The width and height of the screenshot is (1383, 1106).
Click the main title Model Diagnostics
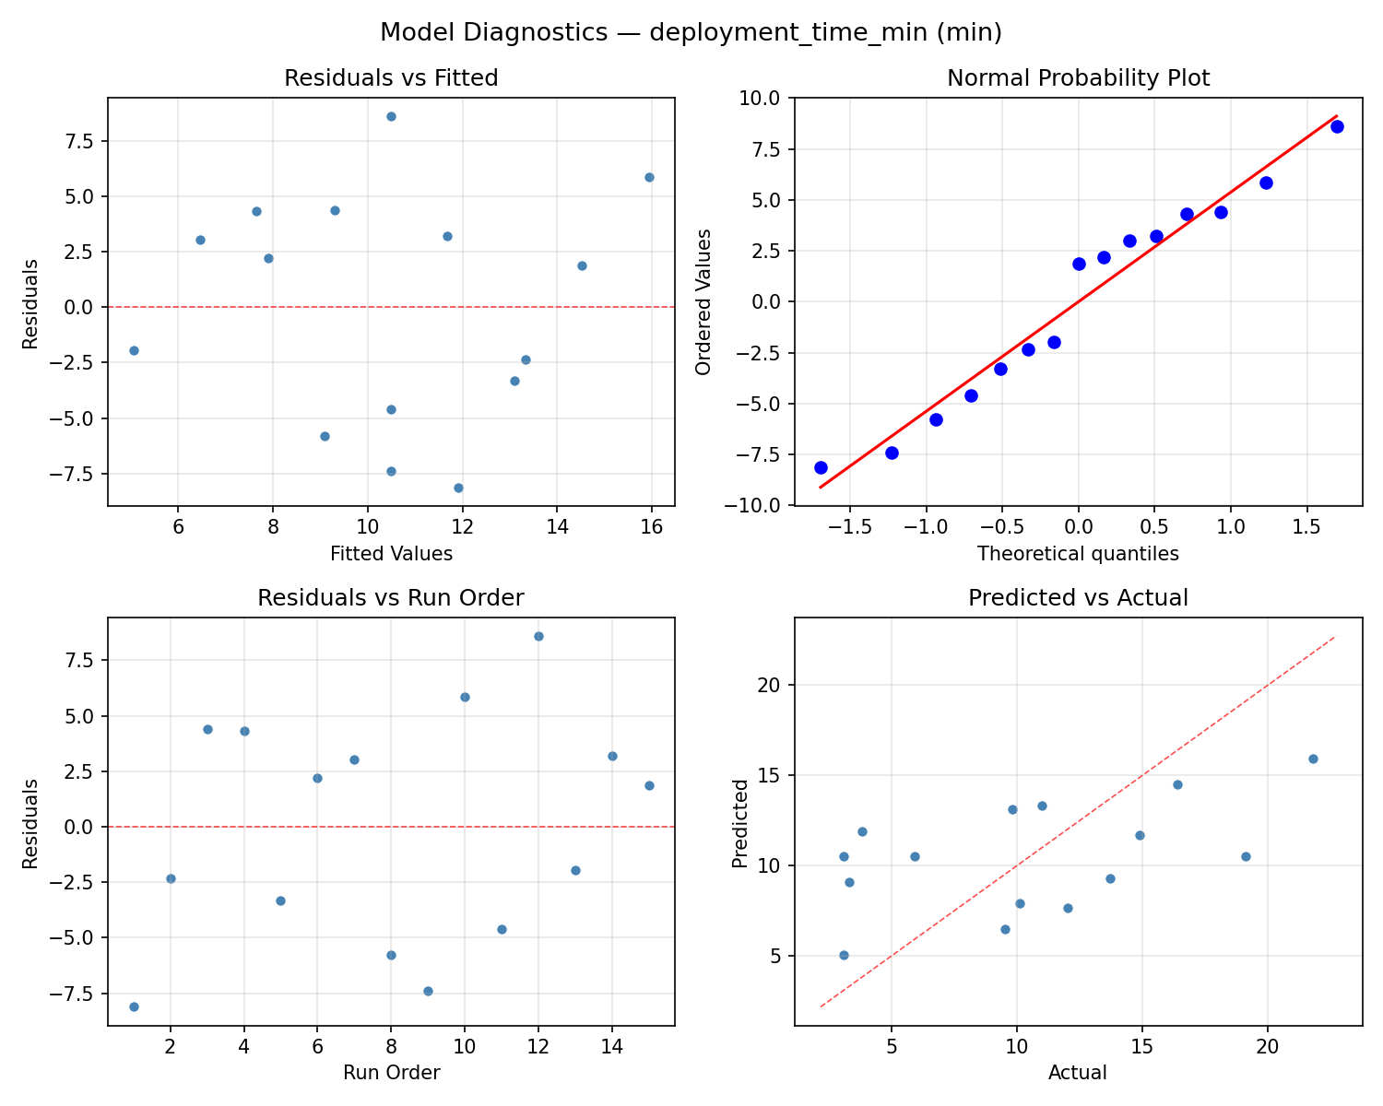691,32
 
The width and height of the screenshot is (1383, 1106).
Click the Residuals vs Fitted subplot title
391,78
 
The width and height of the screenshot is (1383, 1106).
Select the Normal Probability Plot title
1078,78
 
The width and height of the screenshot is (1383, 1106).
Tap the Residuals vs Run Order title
391,598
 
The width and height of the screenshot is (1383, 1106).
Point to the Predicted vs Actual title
1078,598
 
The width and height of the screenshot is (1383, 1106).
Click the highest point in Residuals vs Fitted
391,116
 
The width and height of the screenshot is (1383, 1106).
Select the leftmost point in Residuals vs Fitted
134,350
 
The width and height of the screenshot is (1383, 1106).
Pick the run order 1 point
134,1006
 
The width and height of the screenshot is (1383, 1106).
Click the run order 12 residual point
538,636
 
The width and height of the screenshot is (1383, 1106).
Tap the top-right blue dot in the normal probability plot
1337,126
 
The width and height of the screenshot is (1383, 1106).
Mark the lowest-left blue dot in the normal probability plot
821,467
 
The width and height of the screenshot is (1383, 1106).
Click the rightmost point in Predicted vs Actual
1313,759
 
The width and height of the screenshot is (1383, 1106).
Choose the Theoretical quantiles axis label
1078,554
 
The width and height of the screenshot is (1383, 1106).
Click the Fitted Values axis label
391,554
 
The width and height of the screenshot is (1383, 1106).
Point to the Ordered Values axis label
704,301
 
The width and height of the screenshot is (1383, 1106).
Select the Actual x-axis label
1078,1073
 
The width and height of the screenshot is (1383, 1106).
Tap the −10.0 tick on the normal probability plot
759,505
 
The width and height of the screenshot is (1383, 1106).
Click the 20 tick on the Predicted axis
770,685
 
